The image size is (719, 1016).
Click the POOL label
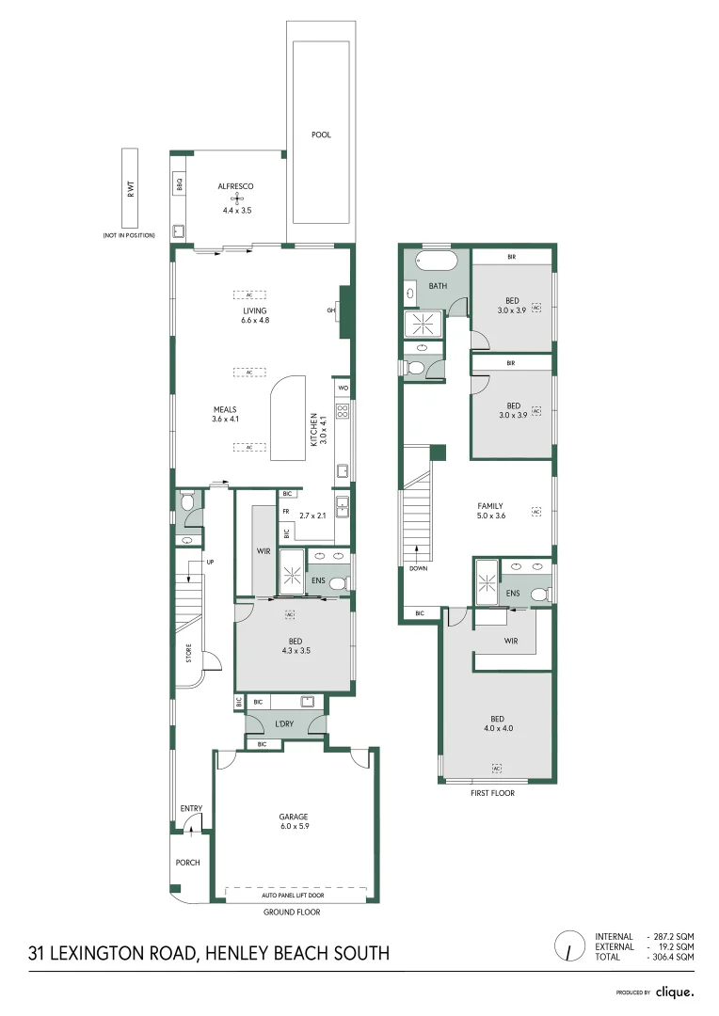tap(321, 135)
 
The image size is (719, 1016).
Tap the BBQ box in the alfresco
tap(179, 186)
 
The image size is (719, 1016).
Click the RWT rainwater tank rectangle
tap(129, 188)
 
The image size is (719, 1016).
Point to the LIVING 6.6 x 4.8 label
tap(254, 315)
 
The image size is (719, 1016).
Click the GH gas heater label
tap(331, 310)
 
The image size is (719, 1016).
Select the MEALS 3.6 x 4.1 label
tap(225, 414)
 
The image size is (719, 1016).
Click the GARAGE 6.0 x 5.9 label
tap(293, 821)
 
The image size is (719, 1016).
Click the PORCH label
tap(187, 862)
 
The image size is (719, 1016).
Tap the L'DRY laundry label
tap(284, 723)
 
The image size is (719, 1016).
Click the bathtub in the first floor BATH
tap(436, 261)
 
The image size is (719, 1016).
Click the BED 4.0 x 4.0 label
tap(498, 722)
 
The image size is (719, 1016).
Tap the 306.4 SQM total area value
tap(671, 956)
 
